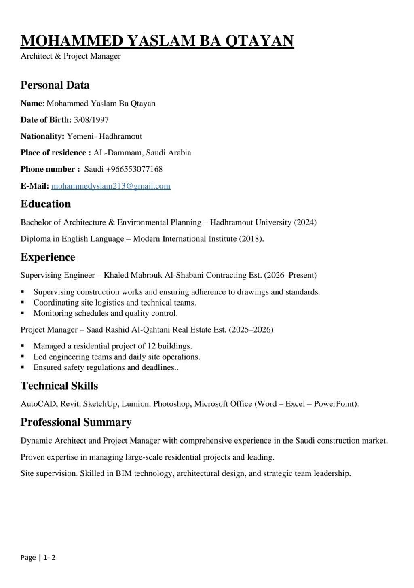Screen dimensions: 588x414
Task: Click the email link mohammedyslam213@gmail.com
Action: [111, 186]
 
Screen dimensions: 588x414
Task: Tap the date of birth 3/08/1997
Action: [91, 120]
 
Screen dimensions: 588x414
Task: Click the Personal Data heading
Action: [55, 85]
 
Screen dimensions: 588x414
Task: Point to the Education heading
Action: [46, 204]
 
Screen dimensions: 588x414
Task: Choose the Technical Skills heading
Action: [59, 386]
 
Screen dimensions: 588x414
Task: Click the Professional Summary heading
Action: [76, 422]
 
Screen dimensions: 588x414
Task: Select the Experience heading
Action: [48, 257]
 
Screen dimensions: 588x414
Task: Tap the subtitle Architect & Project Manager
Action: [71, 56]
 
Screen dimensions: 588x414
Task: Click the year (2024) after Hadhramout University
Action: [305, 222]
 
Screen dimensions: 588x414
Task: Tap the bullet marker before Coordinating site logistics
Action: [23, 303]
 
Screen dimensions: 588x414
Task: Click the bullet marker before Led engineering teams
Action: [23, 357]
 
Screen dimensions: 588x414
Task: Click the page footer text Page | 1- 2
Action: [38, 558]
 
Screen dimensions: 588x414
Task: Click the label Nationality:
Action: [42, 136]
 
